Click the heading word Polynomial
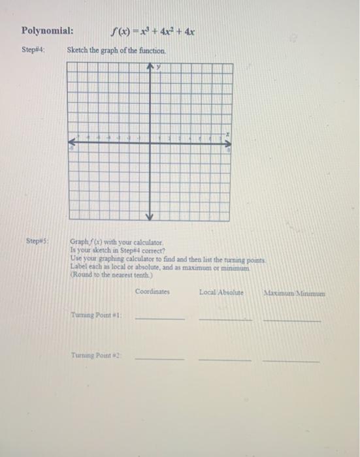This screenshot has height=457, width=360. [x=47, y=31]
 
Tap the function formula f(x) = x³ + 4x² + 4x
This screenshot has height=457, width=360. [x=154, y=31]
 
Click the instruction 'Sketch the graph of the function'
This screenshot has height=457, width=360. [x=116, y=50]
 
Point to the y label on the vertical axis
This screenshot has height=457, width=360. [x=158, y=67]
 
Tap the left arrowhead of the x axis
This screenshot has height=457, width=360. [x=72, y=140]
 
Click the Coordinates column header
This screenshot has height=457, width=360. [x=153, y=292]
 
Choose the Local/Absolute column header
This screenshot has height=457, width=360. [x=221, y=292]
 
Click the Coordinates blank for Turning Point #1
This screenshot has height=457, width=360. [x=160, y=318]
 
